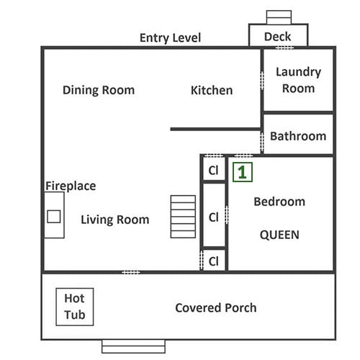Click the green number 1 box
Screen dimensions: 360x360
click(243, 172)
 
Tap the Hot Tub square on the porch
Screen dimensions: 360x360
click(75, 307)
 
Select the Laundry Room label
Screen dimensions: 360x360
click(298, 80)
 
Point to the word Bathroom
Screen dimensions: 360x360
click(298, 136)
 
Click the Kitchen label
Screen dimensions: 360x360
click(212, 91)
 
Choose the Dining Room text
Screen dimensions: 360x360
click(99, 90)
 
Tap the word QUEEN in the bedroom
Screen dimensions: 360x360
click(279, 235)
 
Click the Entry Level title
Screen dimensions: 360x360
click(170, 38)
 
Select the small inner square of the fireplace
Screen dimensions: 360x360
click(54, 216)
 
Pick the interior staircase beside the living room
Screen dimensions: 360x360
click(183, 217)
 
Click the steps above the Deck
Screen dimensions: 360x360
click(279, 17)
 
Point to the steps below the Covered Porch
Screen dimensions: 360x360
click(133, 346)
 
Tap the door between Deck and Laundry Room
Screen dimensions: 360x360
click(284, 48)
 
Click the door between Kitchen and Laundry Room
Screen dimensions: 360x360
click(262, 81)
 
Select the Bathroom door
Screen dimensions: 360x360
click(262, 143)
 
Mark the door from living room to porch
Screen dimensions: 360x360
click(131, 272)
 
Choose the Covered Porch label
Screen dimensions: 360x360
click(216, 307)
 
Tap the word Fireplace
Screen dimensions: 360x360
click(71, 186)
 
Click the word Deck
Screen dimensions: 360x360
click(277, 37)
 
